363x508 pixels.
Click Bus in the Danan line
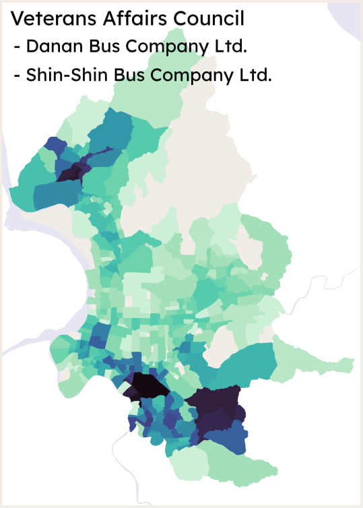(x=99, y=47)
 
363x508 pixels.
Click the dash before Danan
(x=16, y=49)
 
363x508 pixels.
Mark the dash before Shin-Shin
(x=16, y=76)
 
